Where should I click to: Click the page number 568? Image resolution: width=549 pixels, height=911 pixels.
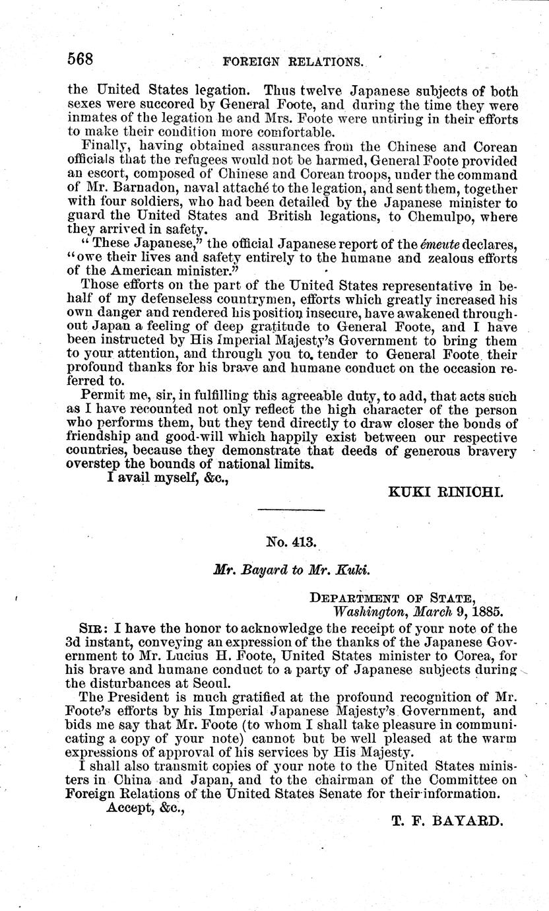[x=80, y=59]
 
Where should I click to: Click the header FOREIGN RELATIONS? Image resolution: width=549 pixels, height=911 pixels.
[x=294, y=62]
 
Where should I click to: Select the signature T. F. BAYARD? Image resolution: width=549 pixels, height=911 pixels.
[x=447, y=823]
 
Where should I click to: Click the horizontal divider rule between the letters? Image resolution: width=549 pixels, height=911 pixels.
[x=290, y=510]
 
